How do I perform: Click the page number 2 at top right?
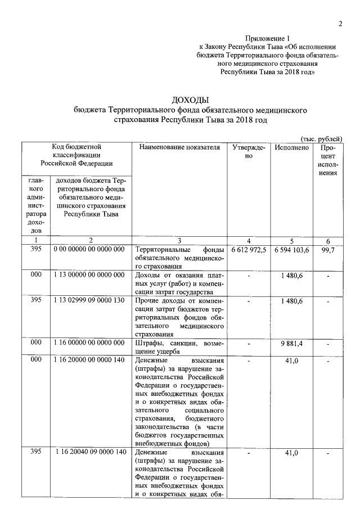tap(340, 23)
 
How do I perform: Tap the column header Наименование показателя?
tap(178, 147)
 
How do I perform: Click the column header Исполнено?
tap(292, 147)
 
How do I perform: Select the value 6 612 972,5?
tap(249, 250)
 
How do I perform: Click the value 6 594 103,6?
tap(292, 250)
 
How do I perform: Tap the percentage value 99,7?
tap(328, 250)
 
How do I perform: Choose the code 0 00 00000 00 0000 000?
tap(89, 250)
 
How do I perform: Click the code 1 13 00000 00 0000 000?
tap(89, 274)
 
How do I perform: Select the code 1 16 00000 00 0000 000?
tap(89, 342)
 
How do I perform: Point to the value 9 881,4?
tap(292, 342)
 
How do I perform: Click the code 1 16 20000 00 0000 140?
tap(89, 360)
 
